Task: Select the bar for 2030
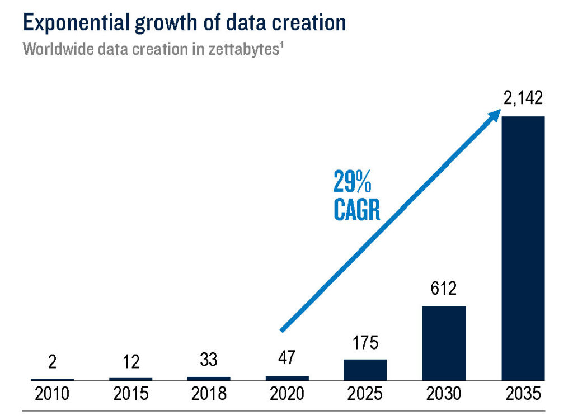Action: click(x=444, y=343)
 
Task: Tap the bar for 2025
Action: click(x=365, y=370)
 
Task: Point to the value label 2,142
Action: click(x=523, y=100)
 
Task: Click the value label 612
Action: click(x=444, y=290)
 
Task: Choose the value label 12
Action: click(x=130, y=362)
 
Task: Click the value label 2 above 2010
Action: click(x=53, y=362)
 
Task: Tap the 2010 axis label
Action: click(x=53, y=394)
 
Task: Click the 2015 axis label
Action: click(x=130, y=394)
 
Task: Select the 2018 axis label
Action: click(x=209, y=394)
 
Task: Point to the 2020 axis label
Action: click(x=287, y=394)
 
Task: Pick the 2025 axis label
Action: click(x=365, y=394)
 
